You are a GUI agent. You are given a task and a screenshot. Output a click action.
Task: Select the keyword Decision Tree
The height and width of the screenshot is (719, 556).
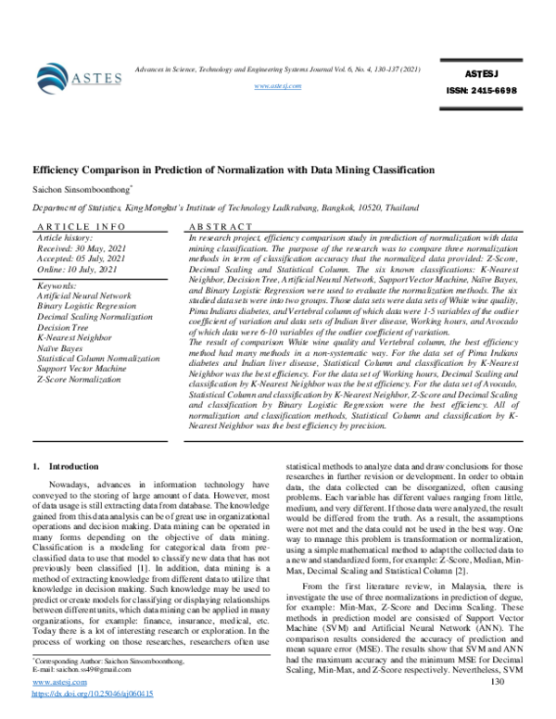[67, 327]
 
